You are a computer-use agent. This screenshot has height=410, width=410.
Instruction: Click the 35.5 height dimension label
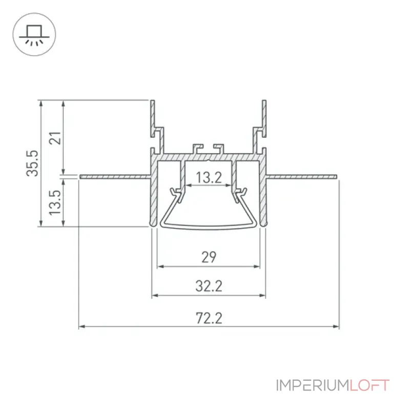tap(33, 163)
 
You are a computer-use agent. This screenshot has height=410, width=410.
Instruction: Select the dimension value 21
tap(55, 138)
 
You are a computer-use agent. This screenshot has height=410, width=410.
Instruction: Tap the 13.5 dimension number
tap(55, 202)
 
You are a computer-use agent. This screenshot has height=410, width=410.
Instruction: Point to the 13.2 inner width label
tap(209, 177)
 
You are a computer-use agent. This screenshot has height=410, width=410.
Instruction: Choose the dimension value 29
tap(209, 257)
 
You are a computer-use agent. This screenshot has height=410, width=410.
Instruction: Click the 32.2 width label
tap(209, 286)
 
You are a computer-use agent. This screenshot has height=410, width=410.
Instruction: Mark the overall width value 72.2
tap(209, 318)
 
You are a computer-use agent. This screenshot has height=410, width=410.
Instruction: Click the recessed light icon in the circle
tap(34, 35)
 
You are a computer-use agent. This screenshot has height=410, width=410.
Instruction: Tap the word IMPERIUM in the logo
tap(313, 385)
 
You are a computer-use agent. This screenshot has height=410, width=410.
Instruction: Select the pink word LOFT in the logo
tap(370, 385)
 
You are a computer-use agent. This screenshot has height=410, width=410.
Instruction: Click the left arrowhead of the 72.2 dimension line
tap(82, 326)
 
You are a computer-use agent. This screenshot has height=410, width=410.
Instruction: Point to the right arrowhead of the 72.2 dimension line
tap(336, 326)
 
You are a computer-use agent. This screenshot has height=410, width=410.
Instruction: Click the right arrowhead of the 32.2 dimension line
tap(262, 296)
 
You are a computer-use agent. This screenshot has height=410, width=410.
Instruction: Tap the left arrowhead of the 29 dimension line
tap(160, 266)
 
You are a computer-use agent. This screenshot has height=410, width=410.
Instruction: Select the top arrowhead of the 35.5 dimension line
tap(41, 104)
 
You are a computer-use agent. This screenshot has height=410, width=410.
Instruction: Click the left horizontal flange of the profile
tap(115, 177)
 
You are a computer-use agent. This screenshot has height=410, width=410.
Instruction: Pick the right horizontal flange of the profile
tap(301, 177)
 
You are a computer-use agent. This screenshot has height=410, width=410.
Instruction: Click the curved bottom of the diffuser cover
tap(209, 227)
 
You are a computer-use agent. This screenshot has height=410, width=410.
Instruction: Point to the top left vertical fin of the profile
tap(153, 118)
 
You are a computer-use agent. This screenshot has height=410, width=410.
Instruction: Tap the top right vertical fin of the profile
tap(264, 118)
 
